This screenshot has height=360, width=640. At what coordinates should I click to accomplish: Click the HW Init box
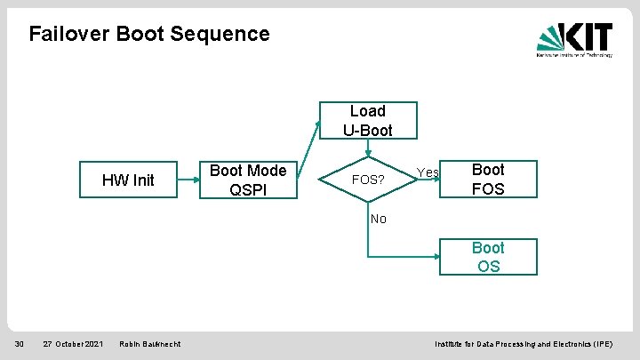128,180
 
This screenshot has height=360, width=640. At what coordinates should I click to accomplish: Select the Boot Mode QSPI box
247,180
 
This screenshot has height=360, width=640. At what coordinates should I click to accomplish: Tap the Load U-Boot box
367,121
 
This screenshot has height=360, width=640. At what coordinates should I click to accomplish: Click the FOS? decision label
368,180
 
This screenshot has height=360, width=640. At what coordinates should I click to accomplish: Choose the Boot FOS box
487,179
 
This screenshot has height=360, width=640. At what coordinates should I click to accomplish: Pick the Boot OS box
487,257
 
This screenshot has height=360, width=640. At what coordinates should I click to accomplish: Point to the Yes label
428,172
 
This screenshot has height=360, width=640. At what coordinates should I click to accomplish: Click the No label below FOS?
379,219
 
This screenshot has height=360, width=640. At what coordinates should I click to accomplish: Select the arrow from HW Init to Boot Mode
188,180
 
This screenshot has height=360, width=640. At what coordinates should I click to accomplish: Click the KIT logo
574,38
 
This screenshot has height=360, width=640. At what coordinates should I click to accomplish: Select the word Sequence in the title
228,34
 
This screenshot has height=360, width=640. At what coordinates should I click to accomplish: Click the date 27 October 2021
73,343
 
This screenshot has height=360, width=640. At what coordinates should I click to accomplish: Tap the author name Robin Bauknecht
149,343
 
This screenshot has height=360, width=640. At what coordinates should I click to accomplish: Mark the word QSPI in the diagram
247,189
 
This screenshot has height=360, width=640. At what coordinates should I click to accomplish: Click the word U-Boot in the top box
367,130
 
